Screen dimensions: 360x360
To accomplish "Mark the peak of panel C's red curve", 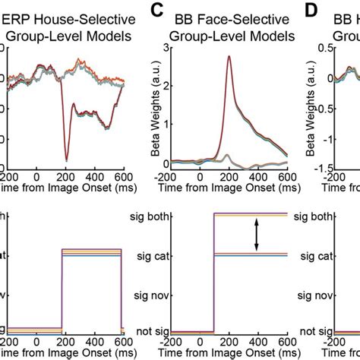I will pyautogui.click(x=229, y=56).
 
